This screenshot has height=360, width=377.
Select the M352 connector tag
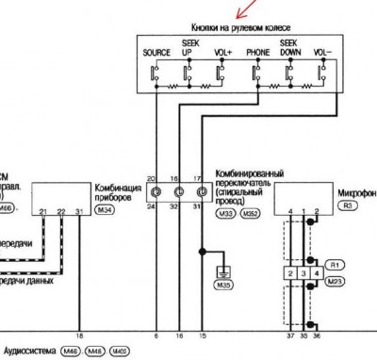tap(249, 214)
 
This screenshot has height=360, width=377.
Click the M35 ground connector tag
tap(222, 285)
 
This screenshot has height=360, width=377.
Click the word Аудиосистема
tap(28, 351)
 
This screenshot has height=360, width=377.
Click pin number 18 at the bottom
tap(79, 335)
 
